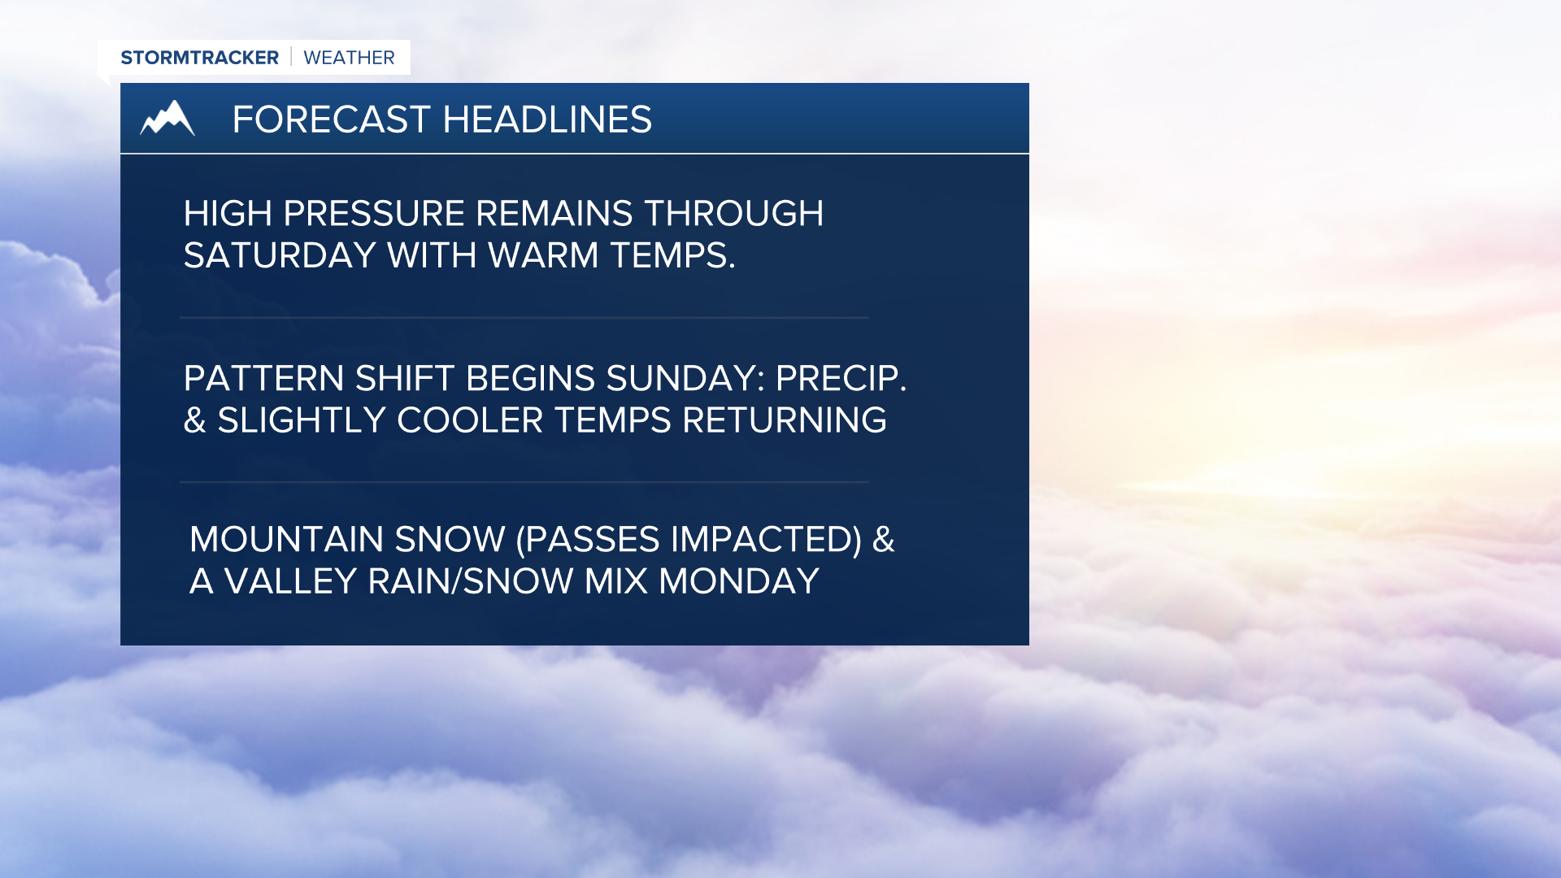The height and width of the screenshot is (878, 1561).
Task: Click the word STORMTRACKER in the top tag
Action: pos(199,58)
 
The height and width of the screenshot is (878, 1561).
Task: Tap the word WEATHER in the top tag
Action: pos(349,58)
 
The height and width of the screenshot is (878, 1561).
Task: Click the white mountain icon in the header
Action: pos(167,119)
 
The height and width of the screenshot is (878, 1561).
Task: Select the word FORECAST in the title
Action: pos(331,120)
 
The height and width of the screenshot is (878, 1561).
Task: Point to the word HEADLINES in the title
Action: pos(547,120)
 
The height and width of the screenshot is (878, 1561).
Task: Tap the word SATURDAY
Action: pos(279,256)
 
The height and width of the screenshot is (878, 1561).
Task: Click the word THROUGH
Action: pos(733,214)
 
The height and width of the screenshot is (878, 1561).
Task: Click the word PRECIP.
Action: pos(841,379)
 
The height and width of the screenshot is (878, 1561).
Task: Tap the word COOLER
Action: pos(469,420)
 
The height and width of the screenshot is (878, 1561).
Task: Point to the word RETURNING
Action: pos(784,420)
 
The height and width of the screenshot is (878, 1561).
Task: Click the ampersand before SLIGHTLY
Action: pos(194,421)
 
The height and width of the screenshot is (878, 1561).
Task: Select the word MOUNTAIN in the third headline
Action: pos(286,540)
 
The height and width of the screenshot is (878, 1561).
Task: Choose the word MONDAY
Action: pos(738,581)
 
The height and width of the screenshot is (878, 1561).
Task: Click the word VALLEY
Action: pos(290,581)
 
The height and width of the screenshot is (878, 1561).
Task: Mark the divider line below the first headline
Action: pos(524,317)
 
